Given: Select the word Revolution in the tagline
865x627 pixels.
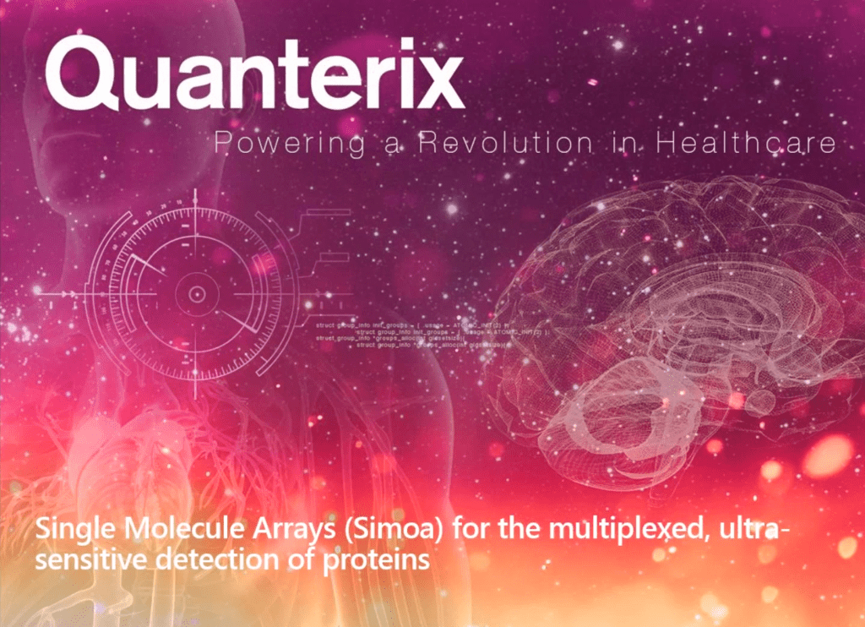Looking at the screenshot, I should tap(495, 143).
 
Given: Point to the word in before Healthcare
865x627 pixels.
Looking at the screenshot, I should tap(618, 143).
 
